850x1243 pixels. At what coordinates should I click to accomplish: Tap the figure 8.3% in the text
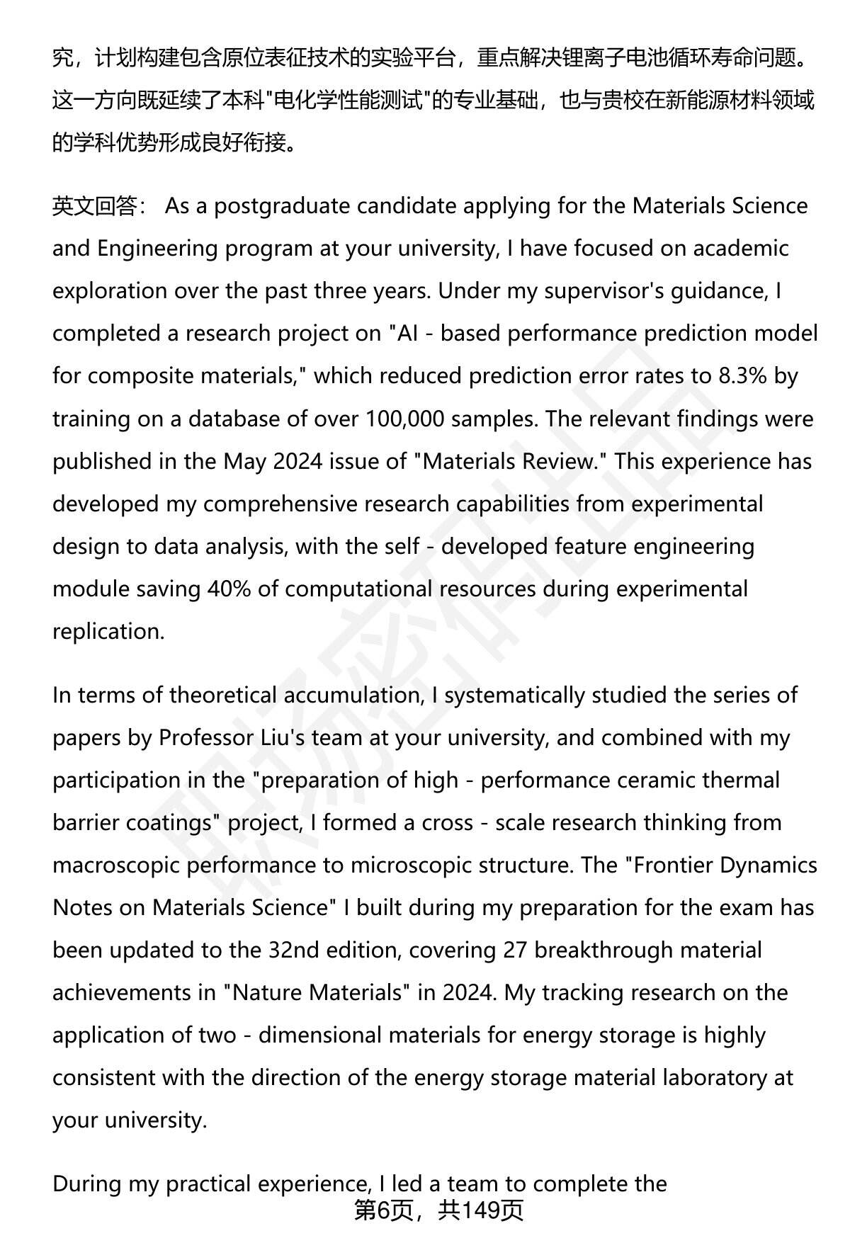(743, 376)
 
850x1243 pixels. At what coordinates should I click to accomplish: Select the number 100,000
(406, 419)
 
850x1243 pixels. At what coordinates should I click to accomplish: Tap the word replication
(108, 631)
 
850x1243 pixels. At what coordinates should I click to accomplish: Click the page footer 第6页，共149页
(438, 1210)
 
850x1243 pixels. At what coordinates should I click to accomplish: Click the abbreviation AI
(407, 334)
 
